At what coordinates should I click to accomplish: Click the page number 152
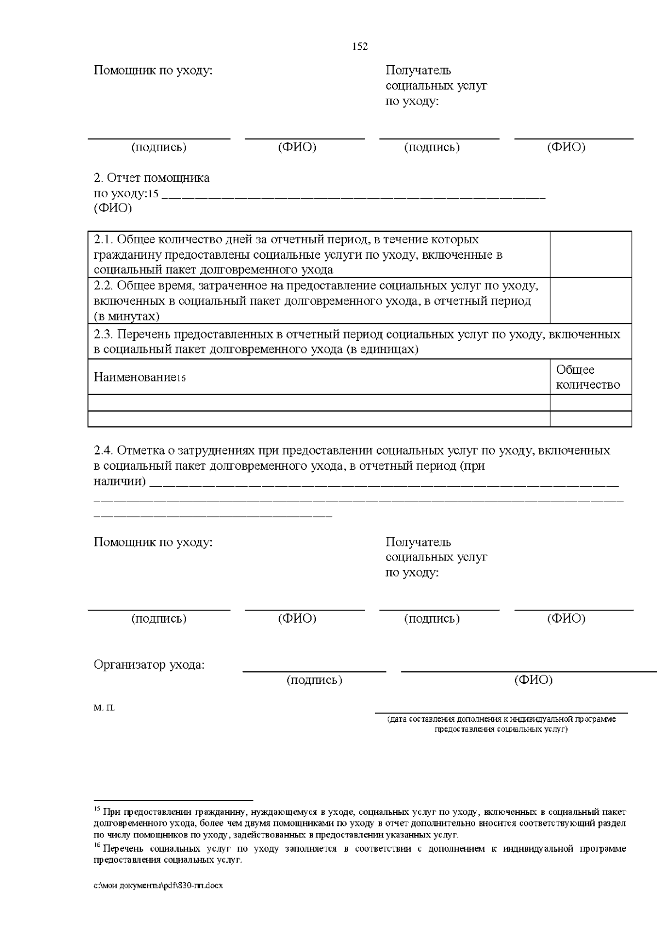tap(359, 47)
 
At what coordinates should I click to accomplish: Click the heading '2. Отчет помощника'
tap(152, 178)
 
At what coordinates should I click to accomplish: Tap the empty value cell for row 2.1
tap(590, 254)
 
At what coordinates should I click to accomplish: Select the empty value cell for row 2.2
tap(590, 300)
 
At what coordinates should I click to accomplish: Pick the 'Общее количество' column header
tap(587, 377)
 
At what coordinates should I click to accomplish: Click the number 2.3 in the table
tap(103, 335)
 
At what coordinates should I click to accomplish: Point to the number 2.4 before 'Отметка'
tap(103, 451)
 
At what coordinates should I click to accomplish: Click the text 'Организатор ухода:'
tap(149, 665)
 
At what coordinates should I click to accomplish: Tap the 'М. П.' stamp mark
tap(104, 708)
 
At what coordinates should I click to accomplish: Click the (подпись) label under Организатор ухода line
tap(314, 680)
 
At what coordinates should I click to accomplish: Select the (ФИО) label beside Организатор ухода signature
tap(533, 680)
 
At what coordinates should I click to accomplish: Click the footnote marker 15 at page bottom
tap(97, 809)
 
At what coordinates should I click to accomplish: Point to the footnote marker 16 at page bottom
tap(97, 846)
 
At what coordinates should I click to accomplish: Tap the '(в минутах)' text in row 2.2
tap(126, 317)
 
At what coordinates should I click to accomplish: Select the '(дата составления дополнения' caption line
tap(501, 719)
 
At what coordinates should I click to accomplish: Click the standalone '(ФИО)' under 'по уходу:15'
tap(113, 209)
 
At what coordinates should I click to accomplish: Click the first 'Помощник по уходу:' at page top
tap(153, 71)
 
